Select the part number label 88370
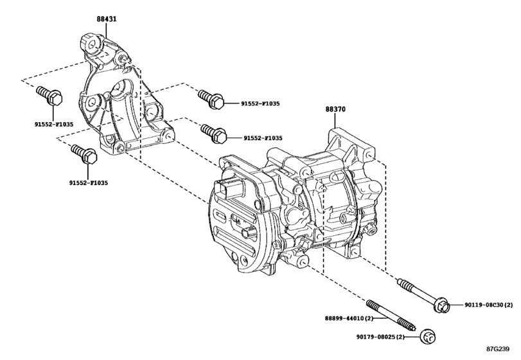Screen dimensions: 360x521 coord(335,110)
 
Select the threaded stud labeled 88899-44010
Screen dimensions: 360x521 coord(389,313)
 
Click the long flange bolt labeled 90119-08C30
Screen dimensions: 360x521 coord(421,292)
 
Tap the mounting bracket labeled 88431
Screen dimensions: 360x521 coord(119,103)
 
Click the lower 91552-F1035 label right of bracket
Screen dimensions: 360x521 coord(263,138)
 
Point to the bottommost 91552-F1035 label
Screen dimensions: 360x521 coord(89,183)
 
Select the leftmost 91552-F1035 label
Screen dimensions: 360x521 coord(54,123)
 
